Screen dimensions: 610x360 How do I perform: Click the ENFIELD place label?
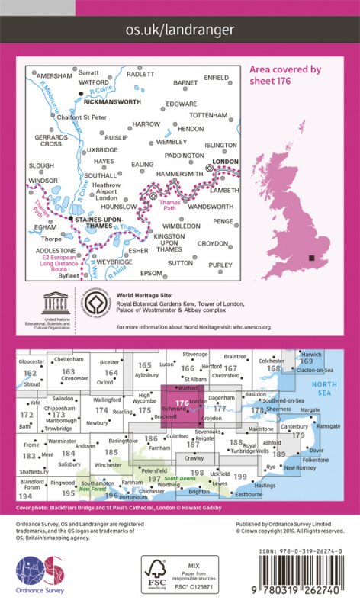tap(217, 77)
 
